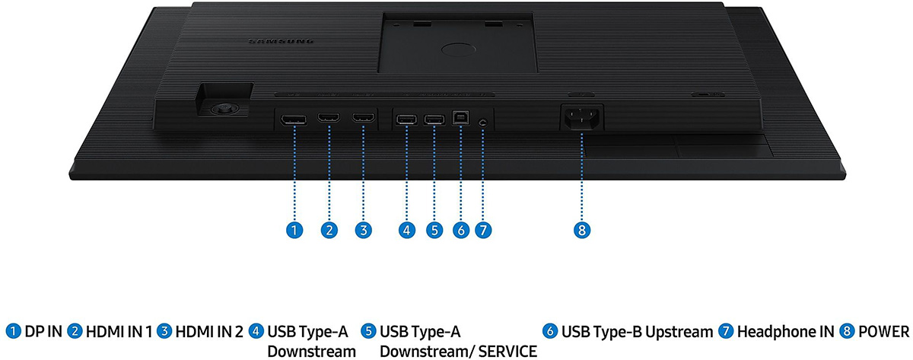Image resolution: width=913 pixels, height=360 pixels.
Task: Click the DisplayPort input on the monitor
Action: pyautogui.click(x=294, y=120)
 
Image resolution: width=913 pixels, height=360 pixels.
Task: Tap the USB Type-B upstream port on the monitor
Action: pyautogui.click(x=460, y=118)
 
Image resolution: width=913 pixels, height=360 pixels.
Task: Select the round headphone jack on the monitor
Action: pyautogui.click(x=483, y=122)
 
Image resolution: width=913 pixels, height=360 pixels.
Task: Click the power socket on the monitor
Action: pyautogui.click(x=582, y=117)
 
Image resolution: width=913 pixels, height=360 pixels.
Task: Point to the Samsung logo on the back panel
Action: pyautogui.click(x=282, y=41)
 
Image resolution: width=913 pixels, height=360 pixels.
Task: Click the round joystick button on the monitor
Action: pyautogui.click(x=223, y=109)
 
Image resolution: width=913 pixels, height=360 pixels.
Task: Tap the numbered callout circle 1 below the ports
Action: pyautogui.click(x=294, y=231)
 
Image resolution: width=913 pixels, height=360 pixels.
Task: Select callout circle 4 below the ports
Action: pyautogui.click(x=406, y=231)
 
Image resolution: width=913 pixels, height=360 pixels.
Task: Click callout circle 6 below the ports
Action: pyautogui.click(x=461, y=231)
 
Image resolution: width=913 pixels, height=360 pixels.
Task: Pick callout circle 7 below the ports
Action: pyautogui.click(x=483, y=231)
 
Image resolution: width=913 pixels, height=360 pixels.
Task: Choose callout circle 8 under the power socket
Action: pyautogui.click(x=581, y=231)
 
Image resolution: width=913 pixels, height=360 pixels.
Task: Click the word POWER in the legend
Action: pyautogui.click(x=883, y=332)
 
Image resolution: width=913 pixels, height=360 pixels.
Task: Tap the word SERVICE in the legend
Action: pyautogui.click(x=507, y=351)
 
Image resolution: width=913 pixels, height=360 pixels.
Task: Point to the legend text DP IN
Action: pyautogui.click(x=43, y=332)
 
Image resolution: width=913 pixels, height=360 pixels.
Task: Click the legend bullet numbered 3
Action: pyautogui.click(x=164, y=331)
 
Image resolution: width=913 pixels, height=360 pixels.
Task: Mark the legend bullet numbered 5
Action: pyautogui.click(x=368, y=331)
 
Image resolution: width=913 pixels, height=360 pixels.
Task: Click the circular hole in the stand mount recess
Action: pyautogui.click(x=459, y=49)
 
